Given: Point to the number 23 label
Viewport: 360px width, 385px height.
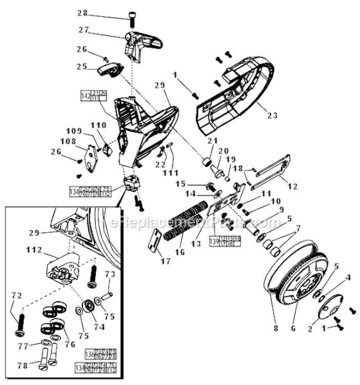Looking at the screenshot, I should tap(272, 115).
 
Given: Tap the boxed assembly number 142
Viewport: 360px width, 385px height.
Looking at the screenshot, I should tap(86, 96).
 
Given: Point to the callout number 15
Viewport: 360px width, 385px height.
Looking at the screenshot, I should tap(181, 183).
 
